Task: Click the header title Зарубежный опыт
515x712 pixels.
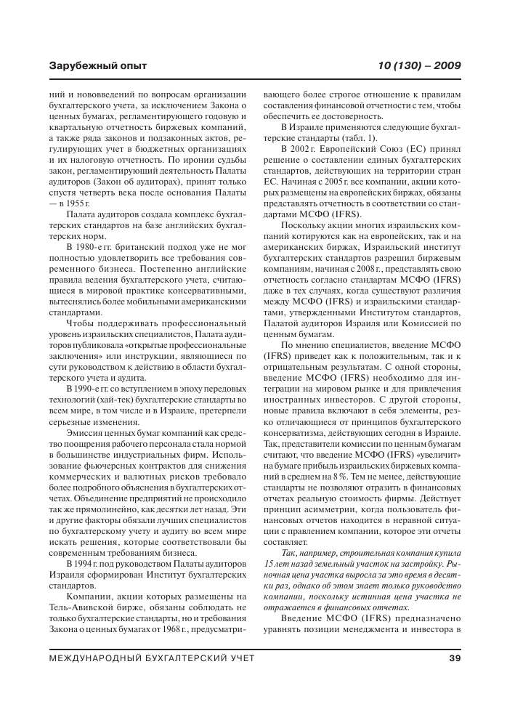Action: coord(97,66)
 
